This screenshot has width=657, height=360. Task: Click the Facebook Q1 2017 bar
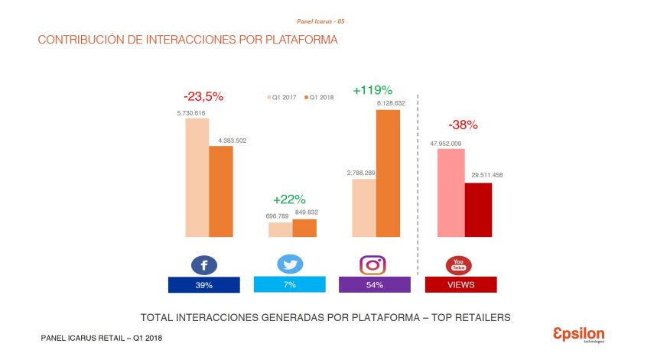pos(197,177)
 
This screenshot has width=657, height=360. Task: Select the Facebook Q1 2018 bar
pos(221,191)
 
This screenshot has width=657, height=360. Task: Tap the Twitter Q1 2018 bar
pos(304,228)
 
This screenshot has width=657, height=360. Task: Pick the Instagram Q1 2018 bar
pos(388,174)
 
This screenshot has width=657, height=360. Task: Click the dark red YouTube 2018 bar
pos(478,209)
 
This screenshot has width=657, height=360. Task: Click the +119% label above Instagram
pos(372,90)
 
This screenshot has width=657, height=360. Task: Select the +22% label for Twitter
pos(288,199)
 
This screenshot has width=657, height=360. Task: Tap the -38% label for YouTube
pos(463,125)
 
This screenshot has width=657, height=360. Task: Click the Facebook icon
pos(204,265)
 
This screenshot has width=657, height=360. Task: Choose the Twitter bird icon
pos(290,264)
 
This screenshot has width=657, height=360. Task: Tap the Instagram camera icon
pos(372,264)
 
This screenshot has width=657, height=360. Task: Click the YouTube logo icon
pos(458,265)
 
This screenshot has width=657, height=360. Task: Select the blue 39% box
pos(203,284)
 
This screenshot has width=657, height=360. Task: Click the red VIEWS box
pos(460,284)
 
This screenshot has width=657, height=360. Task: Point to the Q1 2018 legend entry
pos(320,98)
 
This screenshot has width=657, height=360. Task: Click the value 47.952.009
pos(445,143)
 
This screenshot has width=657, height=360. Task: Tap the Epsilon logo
pos(578,334)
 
